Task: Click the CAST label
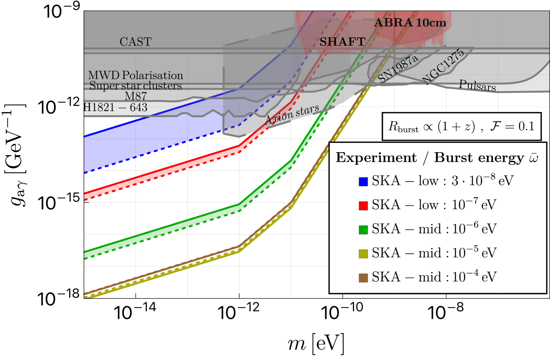135,42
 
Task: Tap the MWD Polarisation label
135,75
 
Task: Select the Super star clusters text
135,86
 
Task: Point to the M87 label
135,96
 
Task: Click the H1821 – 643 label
116,107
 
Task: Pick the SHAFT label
342,42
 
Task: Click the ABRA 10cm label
410,23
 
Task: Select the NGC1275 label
443,67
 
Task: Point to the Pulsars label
477,85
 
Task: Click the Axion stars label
292,114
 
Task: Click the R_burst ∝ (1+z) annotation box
461,126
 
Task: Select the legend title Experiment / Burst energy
437,157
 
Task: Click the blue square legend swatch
363,181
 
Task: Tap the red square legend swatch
363,205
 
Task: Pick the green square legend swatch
363,229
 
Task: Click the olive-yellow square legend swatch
363,253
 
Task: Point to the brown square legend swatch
363,278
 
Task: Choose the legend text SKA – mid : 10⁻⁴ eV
434,277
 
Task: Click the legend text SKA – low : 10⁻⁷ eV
434,205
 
